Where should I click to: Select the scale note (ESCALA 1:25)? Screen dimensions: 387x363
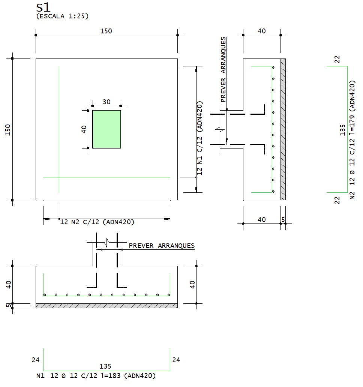click(x=62, y=16)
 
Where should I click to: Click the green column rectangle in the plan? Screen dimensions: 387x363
click(x=106, y=129)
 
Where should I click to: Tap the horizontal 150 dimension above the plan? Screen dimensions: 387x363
click(x=106, y=31)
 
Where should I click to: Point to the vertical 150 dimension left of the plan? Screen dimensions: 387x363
click(x=8, y=129)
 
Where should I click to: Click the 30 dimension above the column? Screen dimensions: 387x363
click(x=106, y=102)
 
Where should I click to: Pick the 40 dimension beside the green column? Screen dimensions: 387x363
click(x=84, y=129)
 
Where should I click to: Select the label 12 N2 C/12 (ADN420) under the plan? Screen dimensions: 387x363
click(x=97, y=222)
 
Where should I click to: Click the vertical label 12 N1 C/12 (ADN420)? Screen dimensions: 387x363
click(x=199, y=138)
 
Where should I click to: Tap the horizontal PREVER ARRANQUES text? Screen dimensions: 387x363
click(x=162, y=246)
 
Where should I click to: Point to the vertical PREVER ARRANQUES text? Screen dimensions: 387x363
click(x=223, y=69)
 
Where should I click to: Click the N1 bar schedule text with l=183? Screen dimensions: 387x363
click(x=96, y=375)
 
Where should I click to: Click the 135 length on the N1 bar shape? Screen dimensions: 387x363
click(x=106, y=366)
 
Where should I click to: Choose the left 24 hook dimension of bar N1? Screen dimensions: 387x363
click(x=36, y=360)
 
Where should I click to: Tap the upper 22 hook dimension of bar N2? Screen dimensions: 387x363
click(x=337, y=59)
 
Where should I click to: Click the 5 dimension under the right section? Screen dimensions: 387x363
click(x=283, y=219)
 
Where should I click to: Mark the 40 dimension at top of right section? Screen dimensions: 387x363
click(x=262, y=31)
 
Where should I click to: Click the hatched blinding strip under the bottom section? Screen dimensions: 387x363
click(x=106, y=306)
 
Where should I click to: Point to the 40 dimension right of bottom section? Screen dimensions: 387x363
click(x=192, y=284)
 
